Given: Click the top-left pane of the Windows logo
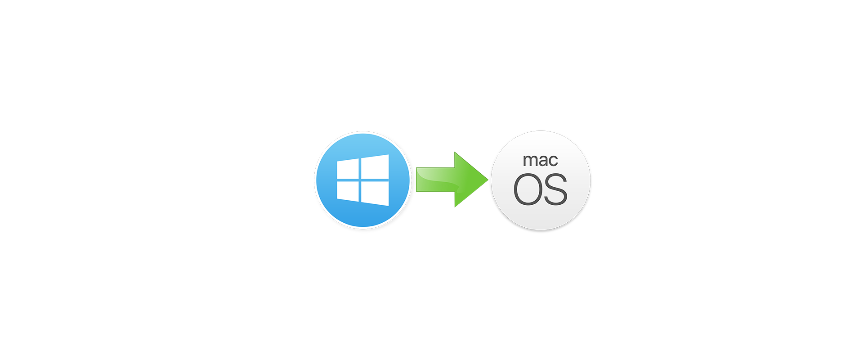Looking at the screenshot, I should (348, 169).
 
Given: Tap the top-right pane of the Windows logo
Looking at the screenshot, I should (375, 166).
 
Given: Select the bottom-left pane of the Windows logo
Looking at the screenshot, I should (348, 191).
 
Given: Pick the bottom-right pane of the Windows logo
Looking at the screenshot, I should (375, 193).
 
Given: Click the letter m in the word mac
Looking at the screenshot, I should (529, 161).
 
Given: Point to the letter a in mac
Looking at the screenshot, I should (543, 161).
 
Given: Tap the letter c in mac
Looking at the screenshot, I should (553, 161).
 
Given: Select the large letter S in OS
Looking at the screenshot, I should (555, 189).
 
